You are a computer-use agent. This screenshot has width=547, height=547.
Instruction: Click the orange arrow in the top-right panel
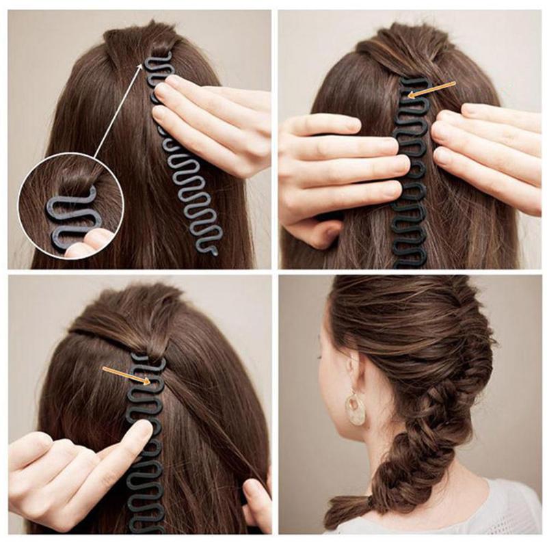click(x=431, y=90)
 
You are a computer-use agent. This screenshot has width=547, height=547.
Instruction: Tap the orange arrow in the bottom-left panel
click(x=126, y=375)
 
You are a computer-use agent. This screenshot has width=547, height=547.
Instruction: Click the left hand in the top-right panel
click(x=335, y=171)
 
